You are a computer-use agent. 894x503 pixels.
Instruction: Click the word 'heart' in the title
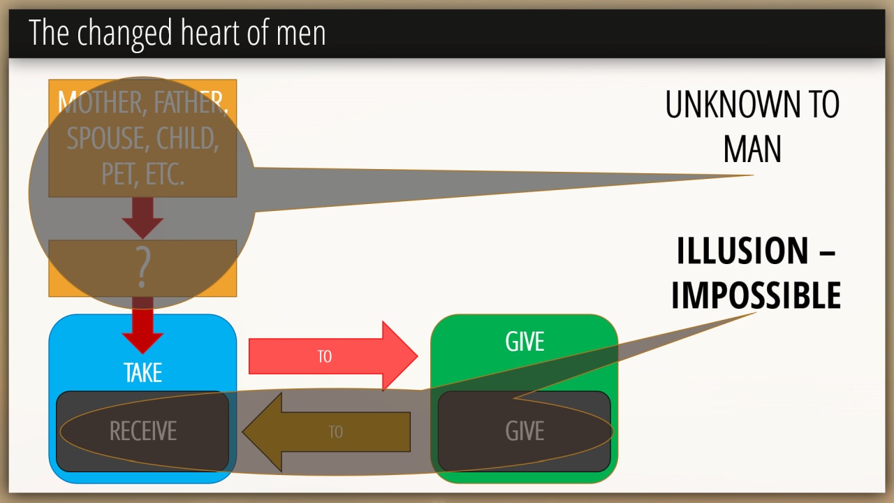[206, 33]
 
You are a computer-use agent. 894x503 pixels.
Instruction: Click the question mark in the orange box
[142, 268]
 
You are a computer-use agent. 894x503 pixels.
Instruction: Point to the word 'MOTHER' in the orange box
[100, 103]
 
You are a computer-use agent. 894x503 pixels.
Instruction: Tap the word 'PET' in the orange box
[117, 174]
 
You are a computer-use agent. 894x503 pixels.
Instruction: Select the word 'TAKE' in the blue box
[142, 372]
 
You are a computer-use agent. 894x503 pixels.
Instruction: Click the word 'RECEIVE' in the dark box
[143, 431]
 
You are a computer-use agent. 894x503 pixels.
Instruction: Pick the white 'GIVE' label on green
[525, 342]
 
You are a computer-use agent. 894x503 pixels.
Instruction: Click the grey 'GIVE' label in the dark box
[525, 431]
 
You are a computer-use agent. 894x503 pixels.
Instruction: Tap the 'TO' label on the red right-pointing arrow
[324, 356]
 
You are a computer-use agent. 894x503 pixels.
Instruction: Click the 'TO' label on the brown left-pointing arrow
[336, 432]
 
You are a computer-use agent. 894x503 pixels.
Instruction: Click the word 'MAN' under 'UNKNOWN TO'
[752, 149]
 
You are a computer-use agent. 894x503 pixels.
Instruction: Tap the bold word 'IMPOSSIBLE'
[756, 296]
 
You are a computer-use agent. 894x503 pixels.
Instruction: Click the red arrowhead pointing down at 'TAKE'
[142, 341]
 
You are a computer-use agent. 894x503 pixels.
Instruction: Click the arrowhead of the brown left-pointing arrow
[262, 431]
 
